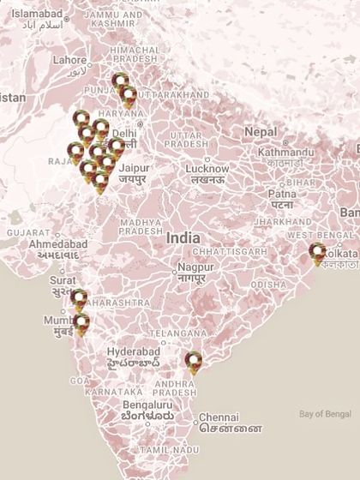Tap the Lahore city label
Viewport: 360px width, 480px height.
click(x=69, y=61)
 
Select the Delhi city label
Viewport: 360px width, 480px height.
click(x=124, y=134)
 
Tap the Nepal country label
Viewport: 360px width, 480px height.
click(x=260, y=131)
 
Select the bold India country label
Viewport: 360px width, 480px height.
click(x=183, y=237)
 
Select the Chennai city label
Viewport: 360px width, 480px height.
click(x=219, y=417)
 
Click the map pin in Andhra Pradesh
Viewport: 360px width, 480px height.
click(x=195, y=363)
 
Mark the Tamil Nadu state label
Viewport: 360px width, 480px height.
click(x=164, y=449)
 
